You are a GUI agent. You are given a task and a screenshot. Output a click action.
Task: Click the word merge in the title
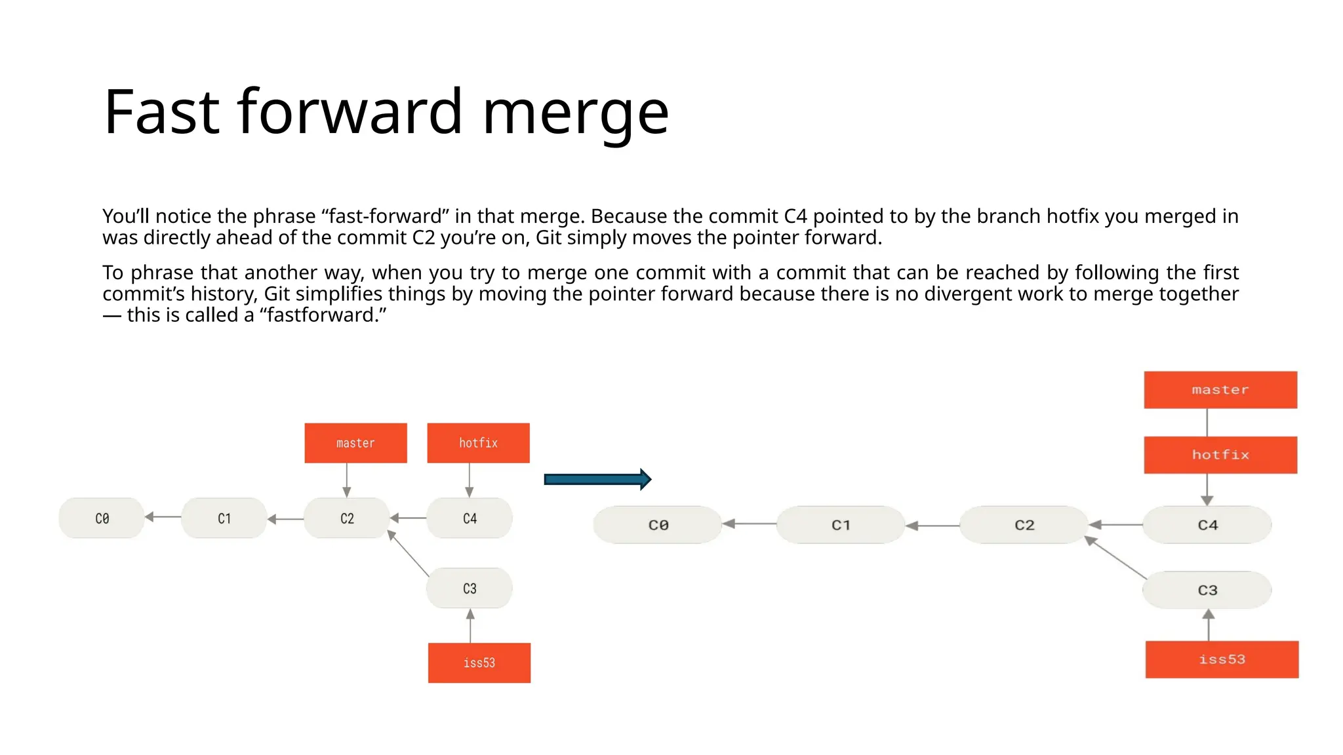pyautogui.click(x=575, y=113)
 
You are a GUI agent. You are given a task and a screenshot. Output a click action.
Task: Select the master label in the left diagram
pyautogui.click(x=355, y=443)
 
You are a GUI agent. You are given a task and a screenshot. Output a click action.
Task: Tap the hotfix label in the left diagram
pyautogui.click(x=478, y=443)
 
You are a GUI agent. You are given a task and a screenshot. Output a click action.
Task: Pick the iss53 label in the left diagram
pyautogui.click(x=479, y=663)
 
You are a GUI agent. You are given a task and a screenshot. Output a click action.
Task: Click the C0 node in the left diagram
pyautogui.click(x=102, y=518)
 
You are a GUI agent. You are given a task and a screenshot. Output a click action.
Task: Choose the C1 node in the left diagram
pyautogui.click(x=224, y=518)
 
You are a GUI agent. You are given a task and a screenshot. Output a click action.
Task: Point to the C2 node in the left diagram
pyautogui.click(x=347, y=518)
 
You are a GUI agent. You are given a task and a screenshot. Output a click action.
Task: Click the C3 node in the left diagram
pyautogui.click(x=470, y=589)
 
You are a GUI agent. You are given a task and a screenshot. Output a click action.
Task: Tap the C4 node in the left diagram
pyautogui.click(x=470, y=518)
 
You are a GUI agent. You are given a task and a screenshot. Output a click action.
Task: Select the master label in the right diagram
pyautogui.click(x=1220, y=390)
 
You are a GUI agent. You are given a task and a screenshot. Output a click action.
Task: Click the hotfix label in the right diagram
pyautogui.click(x=1220, y=455)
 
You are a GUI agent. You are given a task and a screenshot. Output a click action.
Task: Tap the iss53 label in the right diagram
pyautogui.click(x=1222, y=659)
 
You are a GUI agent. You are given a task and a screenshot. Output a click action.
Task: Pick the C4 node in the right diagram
pyautogui.click(x=1207, y=525)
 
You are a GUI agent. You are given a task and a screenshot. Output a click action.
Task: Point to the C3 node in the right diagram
pyautogui.click(x=1207, y=590)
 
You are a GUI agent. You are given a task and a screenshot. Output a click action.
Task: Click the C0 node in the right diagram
pyautogui.click(x=658, y=525)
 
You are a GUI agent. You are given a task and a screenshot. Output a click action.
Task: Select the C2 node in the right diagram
pyautogui.click(x=1024, y=525)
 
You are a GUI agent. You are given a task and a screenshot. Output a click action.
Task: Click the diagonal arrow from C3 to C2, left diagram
pyautogui.click(x=409, y=554)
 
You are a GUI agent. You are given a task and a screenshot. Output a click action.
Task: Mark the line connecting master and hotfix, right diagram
pyautogui.click(x=1207, y=423)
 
